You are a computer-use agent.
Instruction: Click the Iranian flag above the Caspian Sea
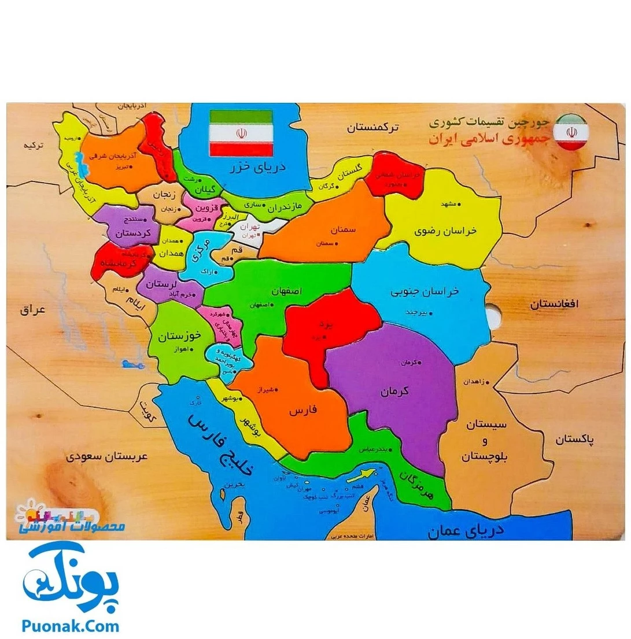click(240, 132)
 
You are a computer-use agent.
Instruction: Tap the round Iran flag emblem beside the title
click(571, 132)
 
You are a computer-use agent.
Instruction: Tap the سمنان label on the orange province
click(344, 229)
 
